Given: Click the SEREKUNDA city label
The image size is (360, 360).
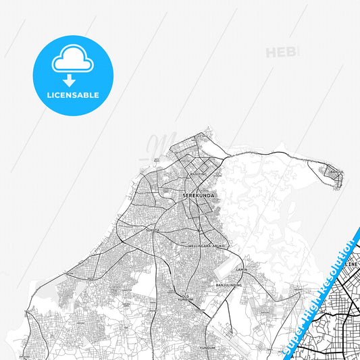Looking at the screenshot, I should coord(195,196).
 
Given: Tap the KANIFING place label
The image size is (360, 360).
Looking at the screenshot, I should coord(199,174).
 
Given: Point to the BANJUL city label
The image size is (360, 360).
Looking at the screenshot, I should coord(337,172).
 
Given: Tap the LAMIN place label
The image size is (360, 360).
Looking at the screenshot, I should coord(242,269).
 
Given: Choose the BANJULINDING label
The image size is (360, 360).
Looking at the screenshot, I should coord(229,286).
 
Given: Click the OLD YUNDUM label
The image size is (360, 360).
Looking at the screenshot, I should coord(185,297).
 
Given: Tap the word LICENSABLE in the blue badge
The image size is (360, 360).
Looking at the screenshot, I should coord(73,95).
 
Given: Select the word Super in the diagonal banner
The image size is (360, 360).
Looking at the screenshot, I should coord(297,330).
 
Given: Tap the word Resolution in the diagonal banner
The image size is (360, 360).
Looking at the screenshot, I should coord(338,264).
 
